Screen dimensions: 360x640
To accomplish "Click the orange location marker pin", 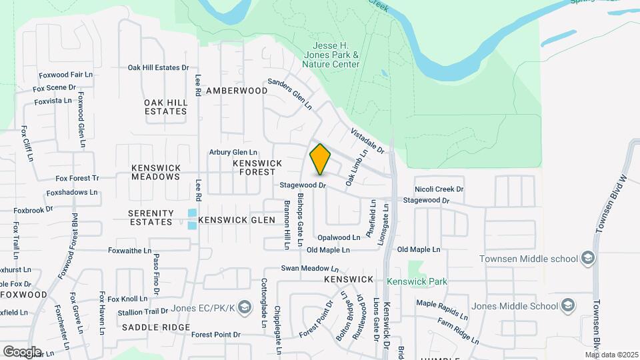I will point(320,159).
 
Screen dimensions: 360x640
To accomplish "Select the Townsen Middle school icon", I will point(587,258).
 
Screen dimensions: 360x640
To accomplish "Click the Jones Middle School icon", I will point(567,306).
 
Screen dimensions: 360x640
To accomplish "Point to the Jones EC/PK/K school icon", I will point(244,307).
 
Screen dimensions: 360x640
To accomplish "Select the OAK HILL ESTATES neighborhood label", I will point(165,107).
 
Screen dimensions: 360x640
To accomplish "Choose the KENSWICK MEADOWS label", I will point(156,172).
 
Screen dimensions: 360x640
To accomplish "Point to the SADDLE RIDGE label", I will point(156,327).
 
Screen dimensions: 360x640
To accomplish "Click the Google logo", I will point(22,351).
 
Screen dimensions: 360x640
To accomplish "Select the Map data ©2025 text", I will point(611,355).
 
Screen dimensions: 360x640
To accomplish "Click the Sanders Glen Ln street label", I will point(290,94).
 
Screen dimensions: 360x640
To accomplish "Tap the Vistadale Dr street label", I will point(367,141).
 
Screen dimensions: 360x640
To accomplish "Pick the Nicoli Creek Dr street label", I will point(439,189).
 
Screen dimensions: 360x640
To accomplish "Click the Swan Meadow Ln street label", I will point(307,268).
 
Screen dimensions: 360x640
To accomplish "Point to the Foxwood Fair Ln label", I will point(65,75).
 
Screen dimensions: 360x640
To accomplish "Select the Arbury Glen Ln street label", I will point(233,152).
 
